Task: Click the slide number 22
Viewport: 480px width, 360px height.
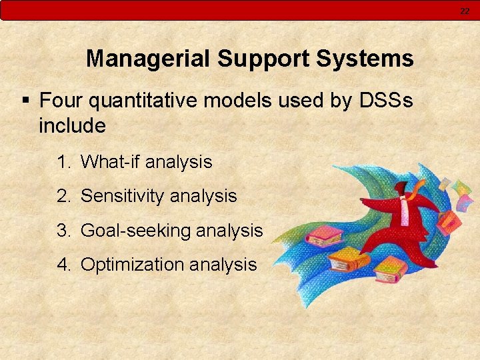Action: coord(465,11)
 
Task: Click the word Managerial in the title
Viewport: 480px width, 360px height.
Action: coord(148,59)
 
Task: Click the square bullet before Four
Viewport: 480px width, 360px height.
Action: coord(25,101)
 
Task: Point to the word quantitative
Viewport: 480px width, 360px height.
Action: coord(145,101)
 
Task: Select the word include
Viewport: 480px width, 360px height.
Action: coord(72,125)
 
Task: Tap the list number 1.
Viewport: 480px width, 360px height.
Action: coord(63,162)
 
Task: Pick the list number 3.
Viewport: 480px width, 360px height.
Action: coord(63,231)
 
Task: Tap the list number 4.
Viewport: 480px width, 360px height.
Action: coord(63,265)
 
